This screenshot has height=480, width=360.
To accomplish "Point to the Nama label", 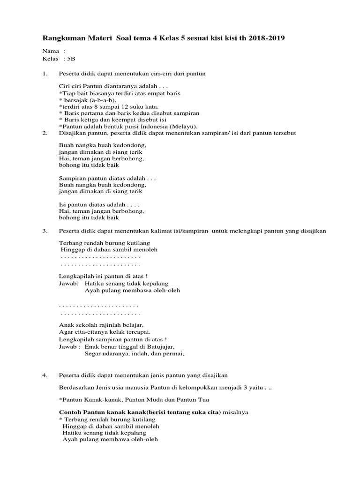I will click(51, 51).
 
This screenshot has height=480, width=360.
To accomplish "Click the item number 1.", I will click(45, 74).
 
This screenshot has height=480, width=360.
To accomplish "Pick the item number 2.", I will click(45, 133).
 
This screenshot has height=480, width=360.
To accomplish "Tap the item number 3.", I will click(45, 231).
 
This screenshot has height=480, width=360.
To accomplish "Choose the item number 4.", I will click(45, 375).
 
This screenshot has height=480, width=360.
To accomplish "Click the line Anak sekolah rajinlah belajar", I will click(101, 324).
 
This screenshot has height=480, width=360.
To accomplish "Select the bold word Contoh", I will click(70, 412).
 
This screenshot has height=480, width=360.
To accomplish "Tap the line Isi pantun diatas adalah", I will click(99, 204).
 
